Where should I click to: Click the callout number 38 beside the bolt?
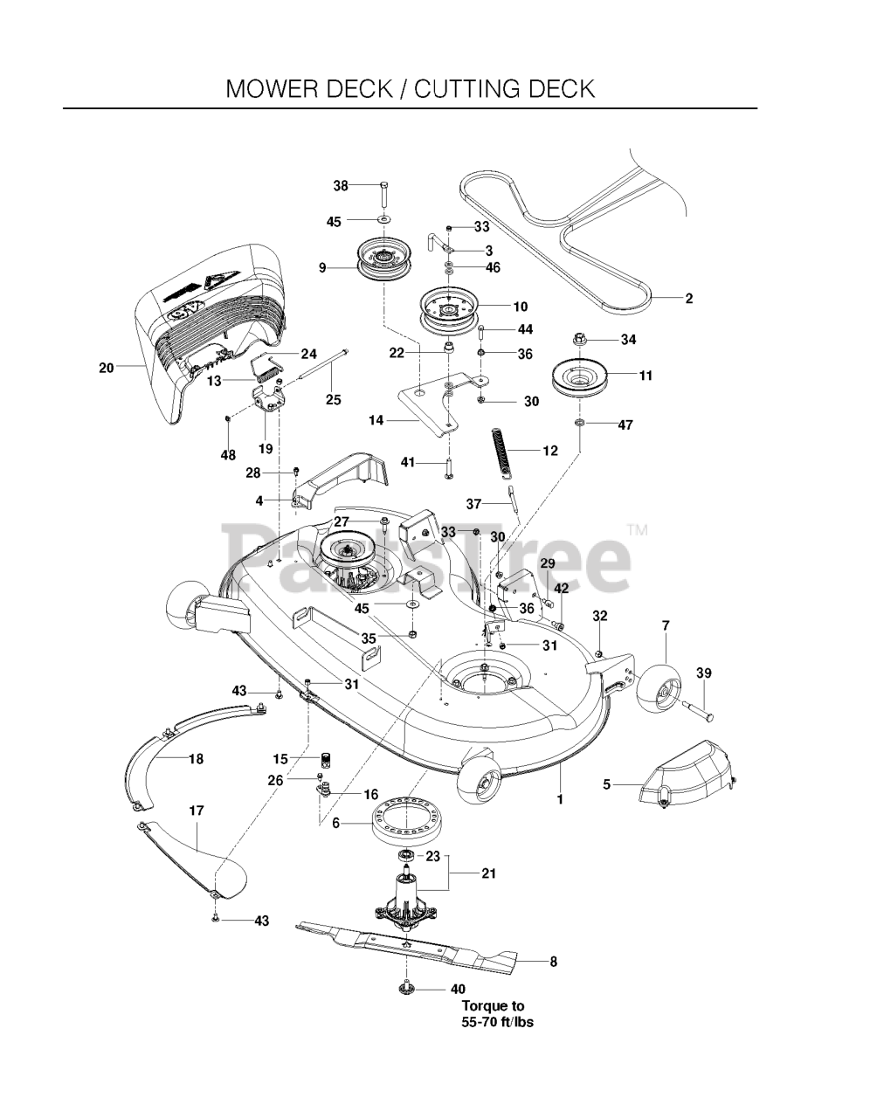pyautogui.click(x=341, y=185)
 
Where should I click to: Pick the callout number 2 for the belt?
pyautogui.click(x=688, y=299)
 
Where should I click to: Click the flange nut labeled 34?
pyautogui.click(x=581, y=338)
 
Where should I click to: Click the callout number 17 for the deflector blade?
pyautogui.click(x=197, y=811)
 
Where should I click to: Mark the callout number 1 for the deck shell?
pyautogui.click(x=560, y=798)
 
